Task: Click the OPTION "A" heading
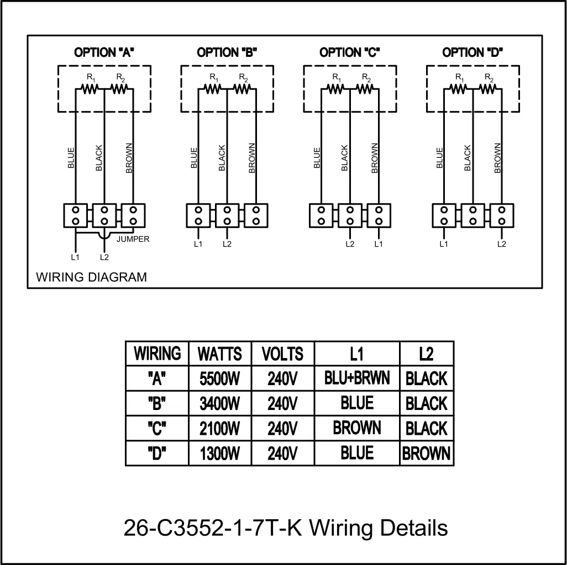click(x=104, y=53)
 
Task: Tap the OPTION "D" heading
click(x=473, y=53)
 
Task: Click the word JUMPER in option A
click(x=133, y=239)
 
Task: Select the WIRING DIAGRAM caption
click(x=92, y=277)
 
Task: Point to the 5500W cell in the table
click(x=219, y=379)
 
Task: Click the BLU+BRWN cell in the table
click(x=357, y=378)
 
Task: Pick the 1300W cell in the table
click(x=219, y=454)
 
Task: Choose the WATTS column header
click(x=219, y=354)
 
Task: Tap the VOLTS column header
click(x=282, y=354)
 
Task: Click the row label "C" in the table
click(x=157, y=429)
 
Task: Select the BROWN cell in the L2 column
click(x=426, y=454)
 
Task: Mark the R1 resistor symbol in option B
click(x=213, y=88)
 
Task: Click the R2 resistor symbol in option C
click(x=365, y=88)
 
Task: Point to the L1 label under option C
click(x=379, y=244)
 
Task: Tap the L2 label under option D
click(x=502, y=244)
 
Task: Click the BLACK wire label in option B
click(x=222, y=158)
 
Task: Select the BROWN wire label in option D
click(x=497, y=158)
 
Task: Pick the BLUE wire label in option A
click(x=71, y=158)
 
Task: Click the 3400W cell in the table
click(x=219, y=404)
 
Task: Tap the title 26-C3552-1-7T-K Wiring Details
click(x=286, y=528)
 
